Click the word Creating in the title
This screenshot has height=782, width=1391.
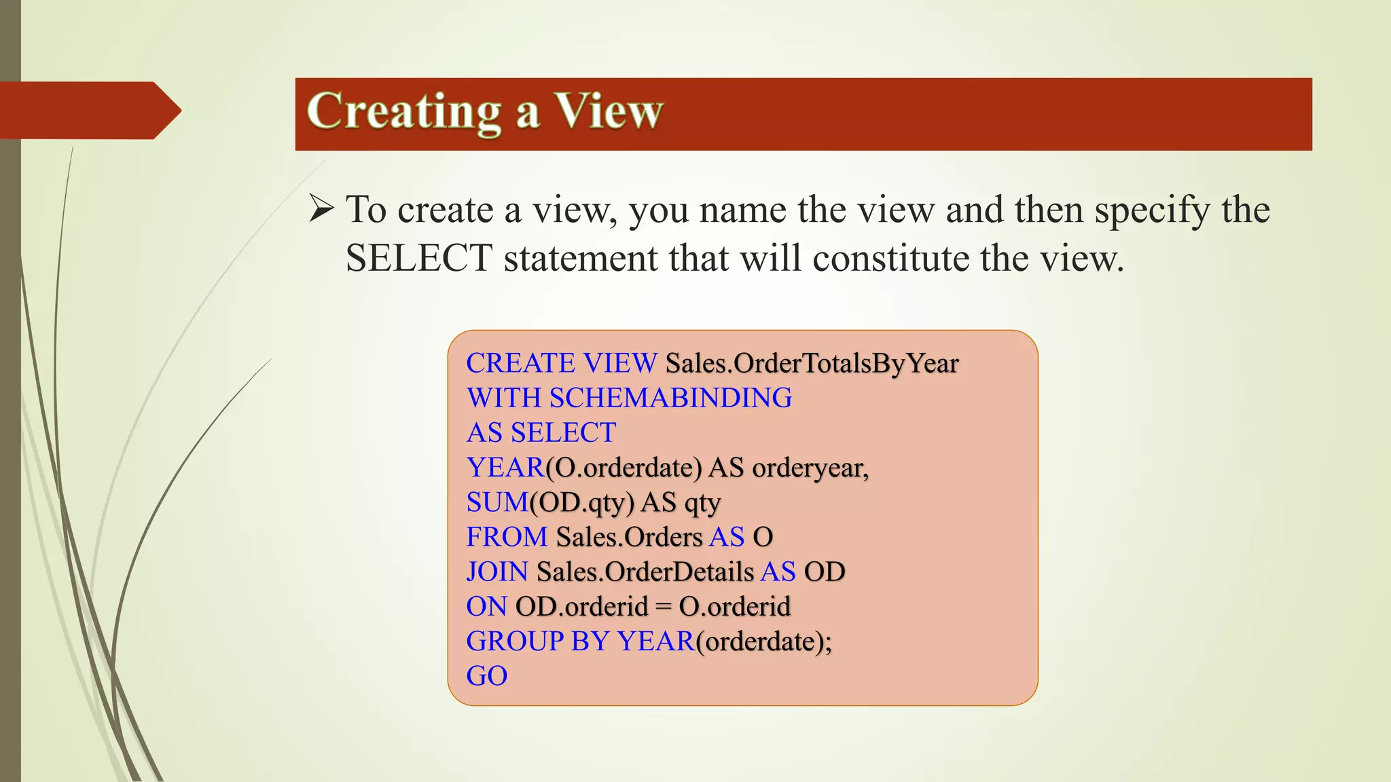coord(403,111)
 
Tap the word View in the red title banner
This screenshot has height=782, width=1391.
coord(609,111)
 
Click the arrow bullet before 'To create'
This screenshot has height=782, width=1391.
coord(321,208)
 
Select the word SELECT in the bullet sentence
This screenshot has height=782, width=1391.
coord(418,259)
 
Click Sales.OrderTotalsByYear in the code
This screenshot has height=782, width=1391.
coord(812,364)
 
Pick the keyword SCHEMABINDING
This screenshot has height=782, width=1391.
coord(671,398)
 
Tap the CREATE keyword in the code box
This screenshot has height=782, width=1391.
coord(521,364)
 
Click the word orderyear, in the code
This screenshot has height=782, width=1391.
coord(810,468)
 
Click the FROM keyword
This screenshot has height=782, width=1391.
coord(507,537)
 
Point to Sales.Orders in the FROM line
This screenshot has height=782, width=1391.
coord(629,537)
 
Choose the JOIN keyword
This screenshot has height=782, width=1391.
coord(497,572)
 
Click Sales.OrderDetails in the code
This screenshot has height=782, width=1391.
coord(645,572)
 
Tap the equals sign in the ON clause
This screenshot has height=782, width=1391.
coord(664,607)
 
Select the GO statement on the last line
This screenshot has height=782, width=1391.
coord(487,676)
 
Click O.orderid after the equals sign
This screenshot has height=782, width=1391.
coord(735,607)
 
